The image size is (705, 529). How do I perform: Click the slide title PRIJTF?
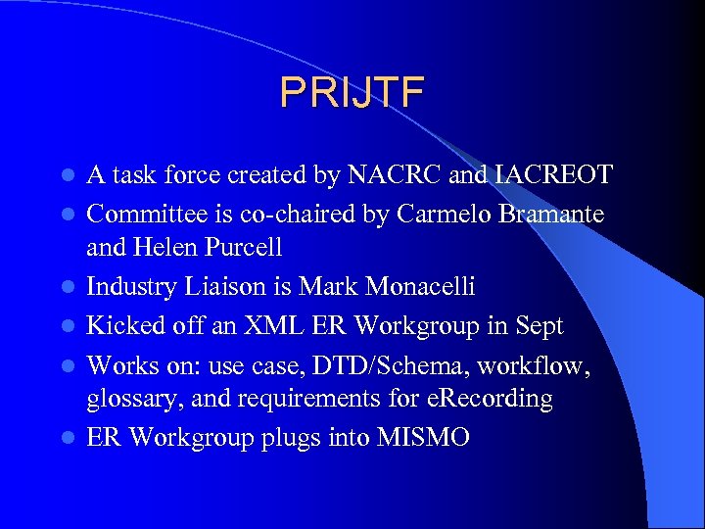352,91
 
